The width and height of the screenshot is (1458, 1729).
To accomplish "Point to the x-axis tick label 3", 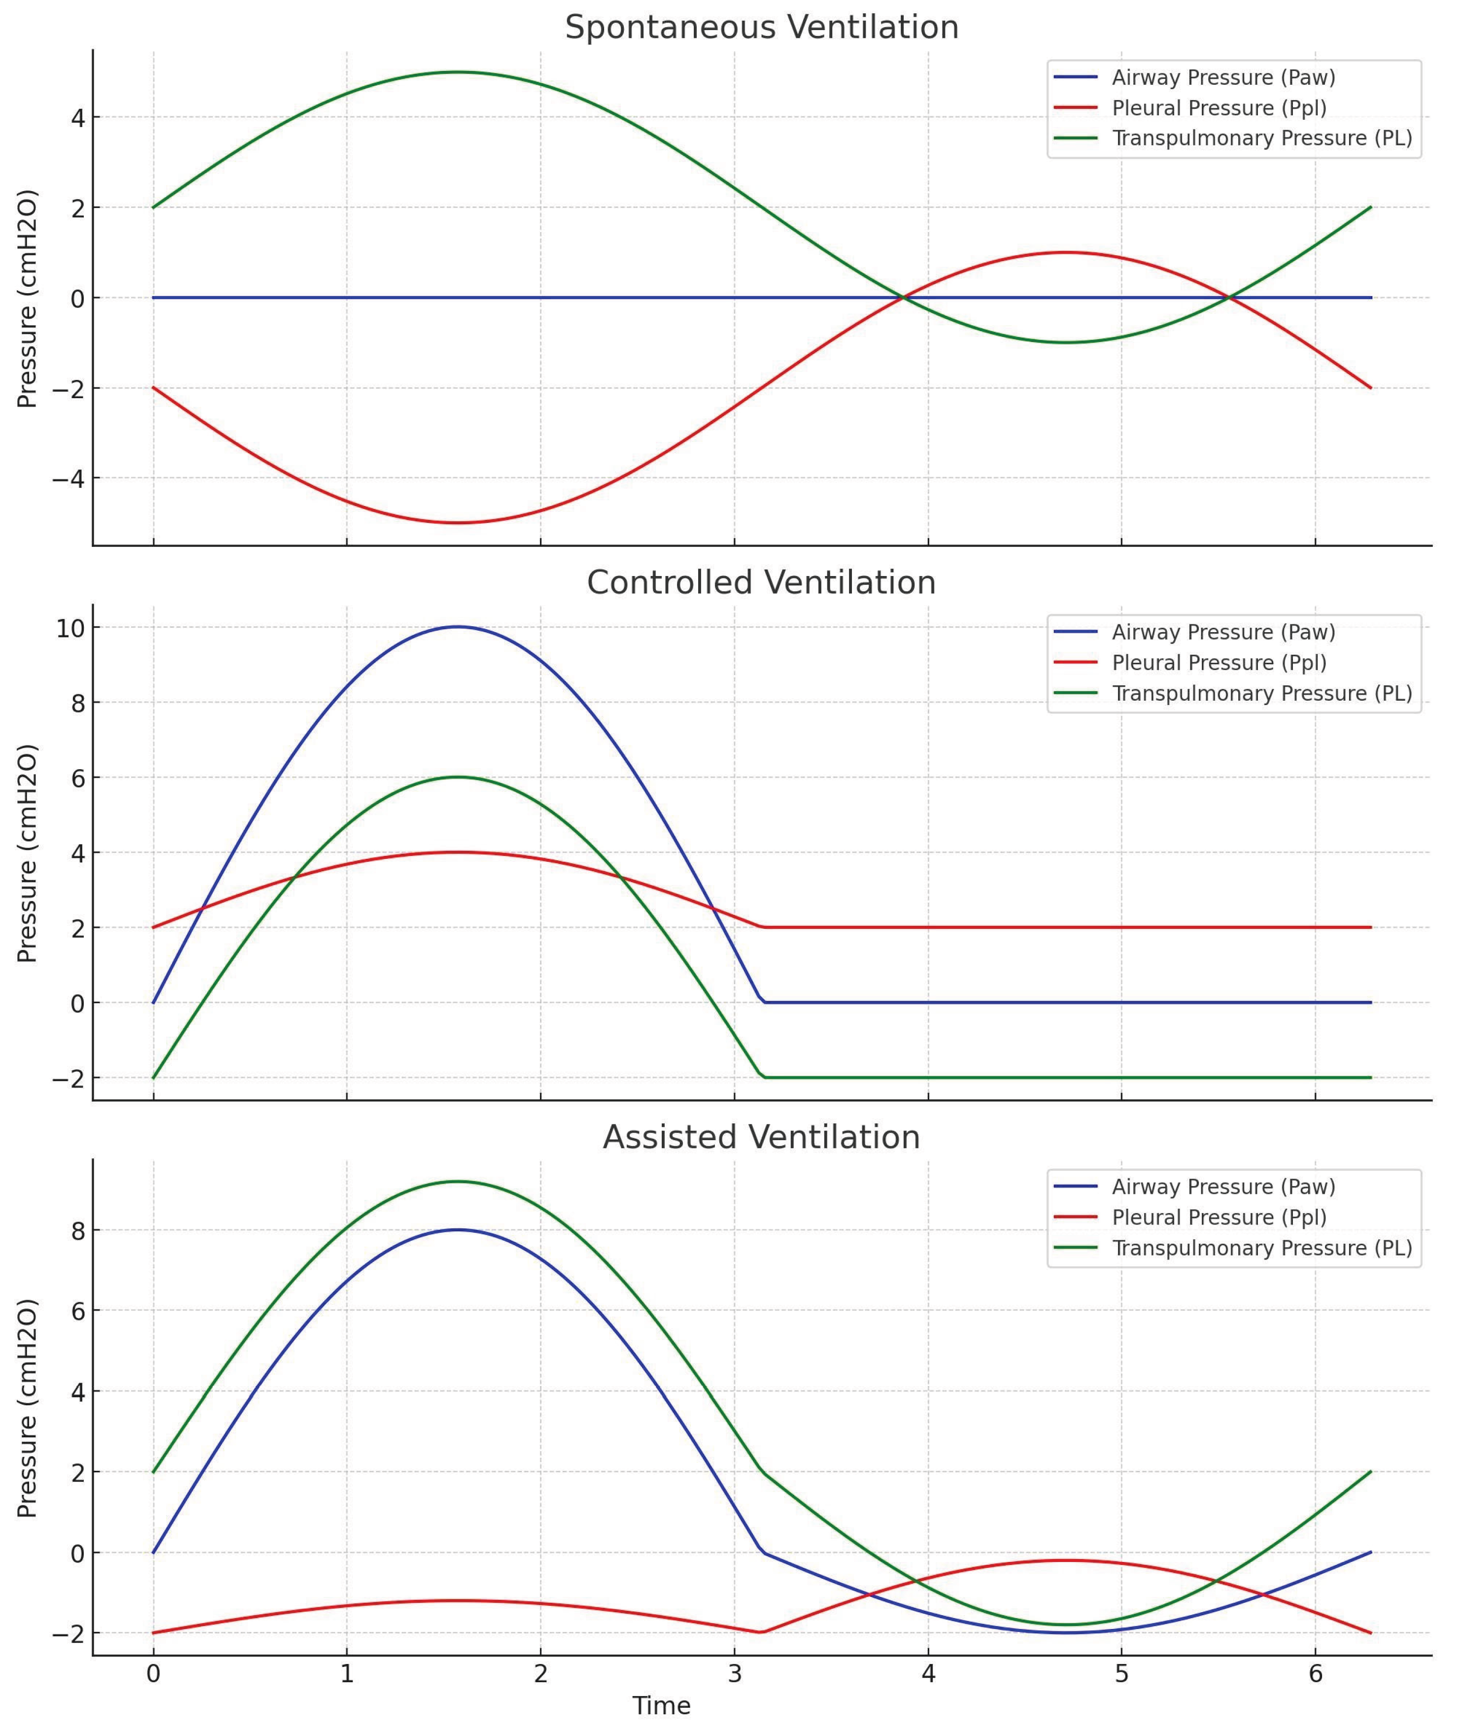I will pyautogui.click(x=734, y=1674).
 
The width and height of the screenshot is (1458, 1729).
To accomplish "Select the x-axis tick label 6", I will pyautogui.click(x=1315, y=1674).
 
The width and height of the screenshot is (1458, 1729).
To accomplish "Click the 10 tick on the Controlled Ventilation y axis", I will pyautogui.click(x=70, y=628).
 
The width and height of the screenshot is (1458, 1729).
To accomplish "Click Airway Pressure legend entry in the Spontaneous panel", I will pyautogui.click(x=1223, y=78).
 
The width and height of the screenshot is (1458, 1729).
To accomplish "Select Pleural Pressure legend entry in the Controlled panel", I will pyautogui.click(x=1219, y=663).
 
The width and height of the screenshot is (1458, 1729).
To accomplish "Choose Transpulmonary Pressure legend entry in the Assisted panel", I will pyautogui.click(x=1261, y=1248).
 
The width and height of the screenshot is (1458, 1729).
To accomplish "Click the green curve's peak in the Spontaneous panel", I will pyautogui.click(x=458, y=72).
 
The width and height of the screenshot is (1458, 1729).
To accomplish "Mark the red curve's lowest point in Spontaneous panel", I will pyautogui.click(x=458, y=522).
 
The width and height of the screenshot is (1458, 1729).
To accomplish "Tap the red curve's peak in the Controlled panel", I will pyautogui.click(x=458, y=852).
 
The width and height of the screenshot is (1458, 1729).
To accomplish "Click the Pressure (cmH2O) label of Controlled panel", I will pyautogui.click(x=27, y=853).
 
